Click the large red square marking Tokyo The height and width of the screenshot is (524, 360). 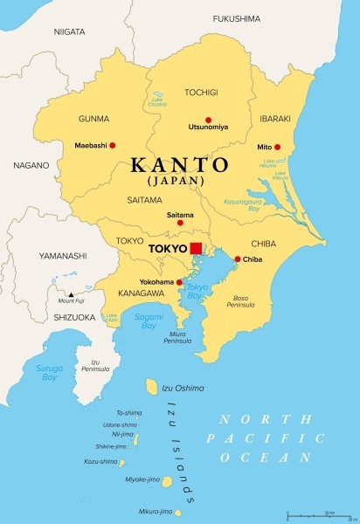pos(196,248)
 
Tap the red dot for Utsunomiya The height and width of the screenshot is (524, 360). pos(208,120)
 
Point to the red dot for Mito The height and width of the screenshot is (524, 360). pos(278,147)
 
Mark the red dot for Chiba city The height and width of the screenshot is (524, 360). pos(238,259)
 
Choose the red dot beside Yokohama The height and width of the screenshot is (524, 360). pos(179,282)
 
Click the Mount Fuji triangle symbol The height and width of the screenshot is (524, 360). pos(59,294)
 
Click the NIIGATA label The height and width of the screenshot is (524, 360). pos(69,31)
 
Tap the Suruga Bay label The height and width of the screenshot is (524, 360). pos(49,373)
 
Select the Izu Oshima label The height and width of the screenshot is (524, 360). pos(183,388)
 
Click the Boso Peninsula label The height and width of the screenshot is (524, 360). pos(242,301)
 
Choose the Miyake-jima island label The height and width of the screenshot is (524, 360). pos(143,479)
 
